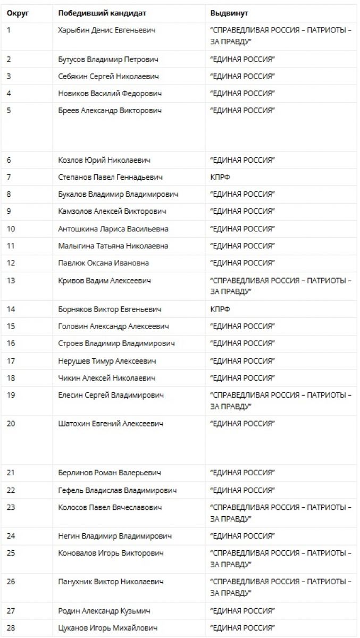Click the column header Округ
(18, 13)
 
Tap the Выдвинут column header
(229, 13)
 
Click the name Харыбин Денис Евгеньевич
(107, 30)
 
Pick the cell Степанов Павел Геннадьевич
(110, 177)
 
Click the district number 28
(11, 628)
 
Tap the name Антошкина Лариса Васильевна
(113, 229)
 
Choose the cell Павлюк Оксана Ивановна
(103, 263)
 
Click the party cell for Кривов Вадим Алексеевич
(280, 286)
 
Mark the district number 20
(11, 424)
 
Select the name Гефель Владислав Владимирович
(117, 490)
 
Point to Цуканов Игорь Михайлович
(107, 628)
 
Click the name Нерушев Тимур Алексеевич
(107, 361)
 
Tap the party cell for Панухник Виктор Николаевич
(280, 587)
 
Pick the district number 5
(9, 111)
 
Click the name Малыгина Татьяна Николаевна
(113, 246)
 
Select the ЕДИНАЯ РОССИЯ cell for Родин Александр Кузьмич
(242, 611)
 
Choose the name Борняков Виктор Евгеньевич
(109, 309)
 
